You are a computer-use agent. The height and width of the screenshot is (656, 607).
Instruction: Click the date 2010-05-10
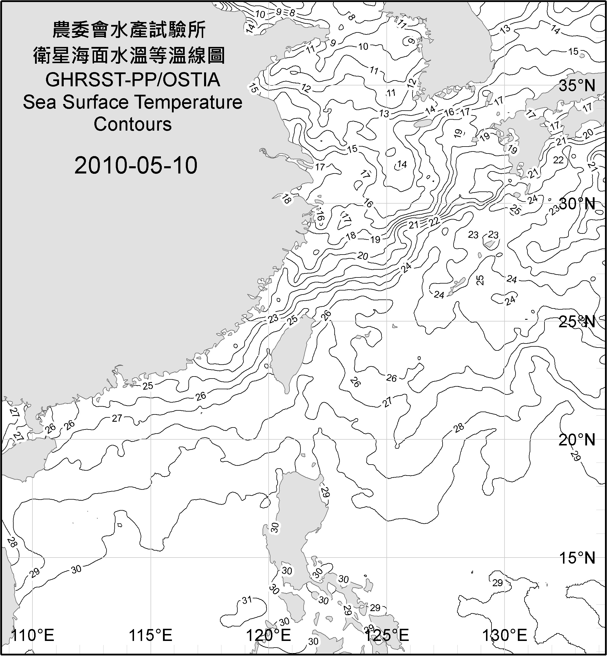click(136, 165)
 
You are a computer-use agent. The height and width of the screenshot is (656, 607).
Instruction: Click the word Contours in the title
click(133, 124)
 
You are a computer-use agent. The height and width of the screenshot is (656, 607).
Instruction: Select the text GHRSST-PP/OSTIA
click(133, 80)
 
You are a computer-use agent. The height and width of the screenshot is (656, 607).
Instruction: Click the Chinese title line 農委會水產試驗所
click(129, 30)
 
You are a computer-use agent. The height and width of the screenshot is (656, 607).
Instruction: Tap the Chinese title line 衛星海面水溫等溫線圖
click(129, 55)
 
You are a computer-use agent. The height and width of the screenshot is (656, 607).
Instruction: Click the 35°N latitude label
click(577, 86)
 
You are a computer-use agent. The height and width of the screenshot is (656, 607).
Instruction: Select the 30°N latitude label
click(577, 204)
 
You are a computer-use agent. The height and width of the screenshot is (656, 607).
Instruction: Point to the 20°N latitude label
click(577, 440)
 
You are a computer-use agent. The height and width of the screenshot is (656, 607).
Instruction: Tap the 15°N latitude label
click(577, 558)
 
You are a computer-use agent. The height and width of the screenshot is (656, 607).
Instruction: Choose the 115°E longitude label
click(151, 635)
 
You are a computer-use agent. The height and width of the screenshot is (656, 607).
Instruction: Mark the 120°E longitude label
click(268, 635)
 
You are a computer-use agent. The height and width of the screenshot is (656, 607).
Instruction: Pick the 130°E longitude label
click(504, 635)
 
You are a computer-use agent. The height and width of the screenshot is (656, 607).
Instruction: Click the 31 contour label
click(247, 600)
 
